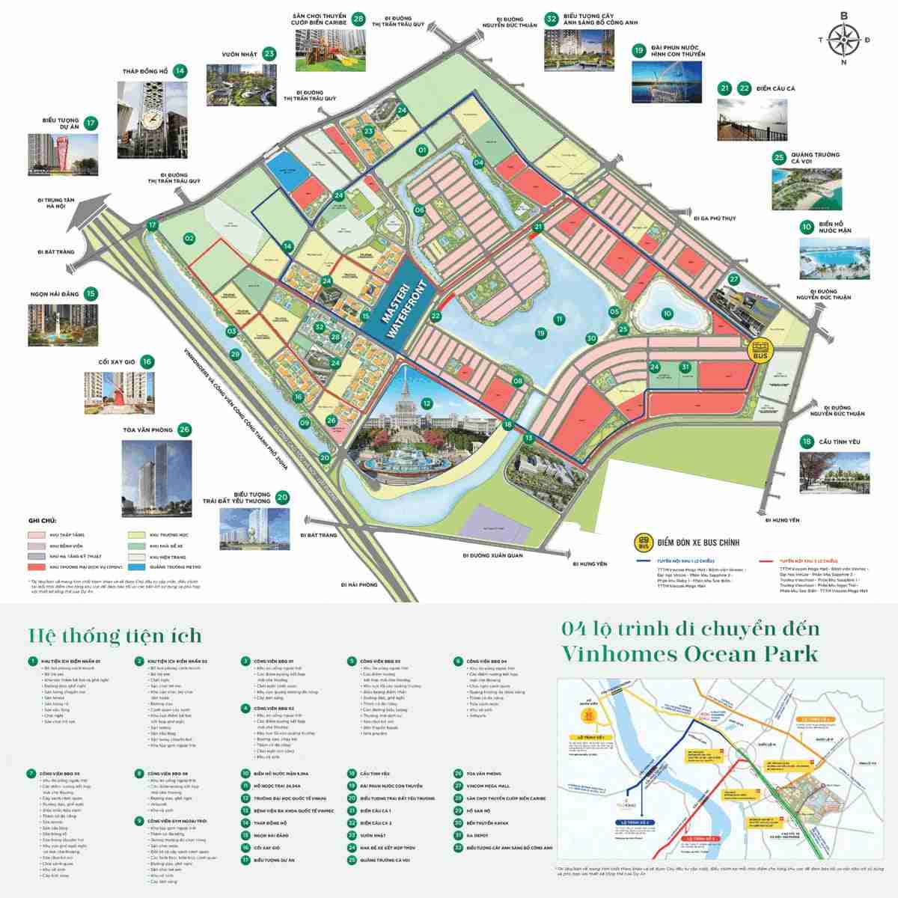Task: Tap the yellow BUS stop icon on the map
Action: (761, 350)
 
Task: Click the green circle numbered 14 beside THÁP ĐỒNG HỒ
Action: (179, 71)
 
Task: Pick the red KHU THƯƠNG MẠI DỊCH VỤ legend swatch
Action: (37, 568)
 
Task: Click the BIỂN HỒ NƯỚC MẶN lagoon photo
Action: (834, 260)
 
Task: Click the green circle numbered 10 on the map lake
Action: (668, 314)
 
